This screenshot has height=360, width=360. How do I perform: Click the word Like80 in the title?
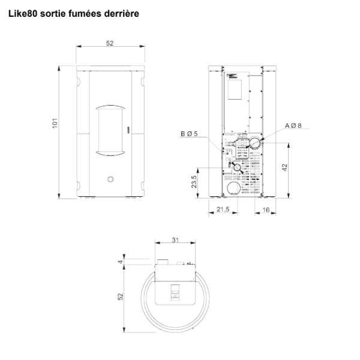(23, 14)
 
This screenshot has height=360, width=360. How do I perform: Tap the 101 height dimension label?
(55, 123)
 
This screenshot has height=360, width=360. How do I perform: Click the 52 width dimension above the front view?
(110, 43)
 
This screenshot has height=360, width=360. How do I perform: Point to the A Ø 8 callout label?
(293, 125)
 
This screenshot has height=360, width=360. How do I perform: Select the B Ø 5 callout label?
(189, 134)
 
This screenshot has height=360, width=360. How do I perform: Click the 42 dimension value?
(284, 167)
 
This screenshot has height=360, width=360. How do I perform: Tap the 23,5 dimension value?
(194, 182)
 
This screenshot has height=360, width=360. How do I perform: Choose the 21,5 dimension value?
(223, 209)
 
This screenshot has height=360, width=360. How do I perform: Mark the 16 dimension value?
(266, 210)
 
